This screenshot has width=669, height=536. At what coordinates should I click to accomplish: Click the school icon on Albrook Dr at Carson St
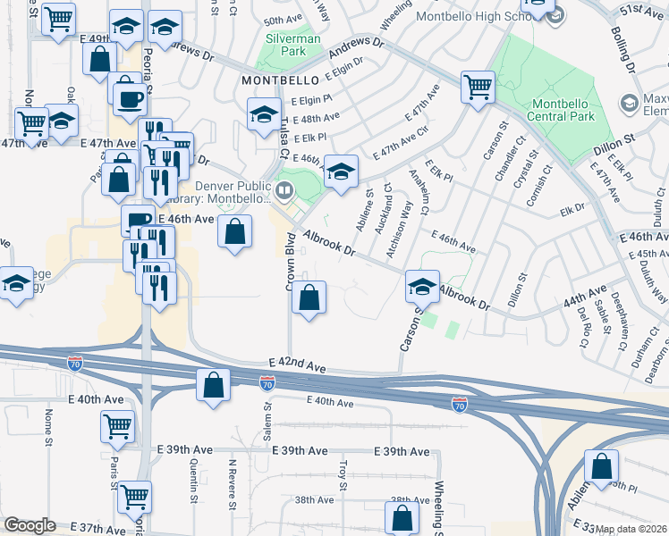click(422, 287)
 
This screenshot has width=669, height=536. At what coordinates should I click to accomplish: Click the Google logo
click(30, 525)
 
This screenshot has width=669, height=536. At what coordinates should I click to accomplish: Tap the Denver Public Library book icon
click(284, 188)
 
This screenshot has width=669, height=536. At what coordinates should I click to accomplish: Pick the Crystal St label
click(520, 174)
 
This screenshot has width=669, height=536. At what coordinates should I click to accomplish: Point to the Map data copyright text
click(631, 529)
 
